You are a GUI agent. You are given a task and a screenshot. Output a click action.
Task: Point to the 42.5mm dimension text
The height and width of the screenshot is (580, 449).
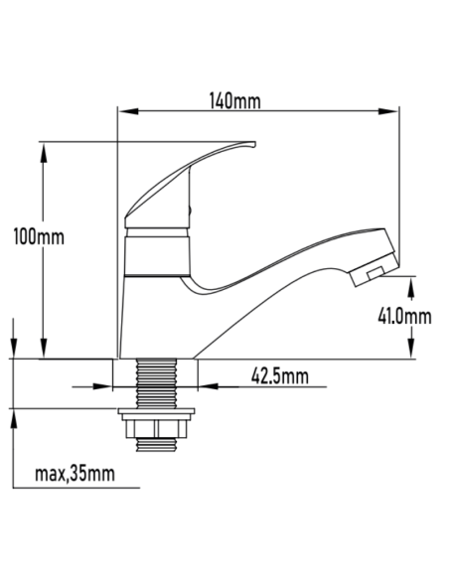point(279,375)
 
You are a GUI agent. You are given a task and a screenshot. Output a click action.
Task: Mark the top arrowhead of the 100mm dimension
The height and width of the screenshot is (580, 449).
point(44,149)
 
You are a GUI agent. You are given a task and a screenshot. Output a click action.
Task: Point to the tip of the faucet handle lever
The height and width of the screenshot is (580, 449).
point(253,145)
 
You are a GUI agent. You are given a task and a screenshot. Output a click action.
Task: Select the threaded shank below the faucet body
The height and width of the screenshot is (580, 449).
point(157,382)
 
